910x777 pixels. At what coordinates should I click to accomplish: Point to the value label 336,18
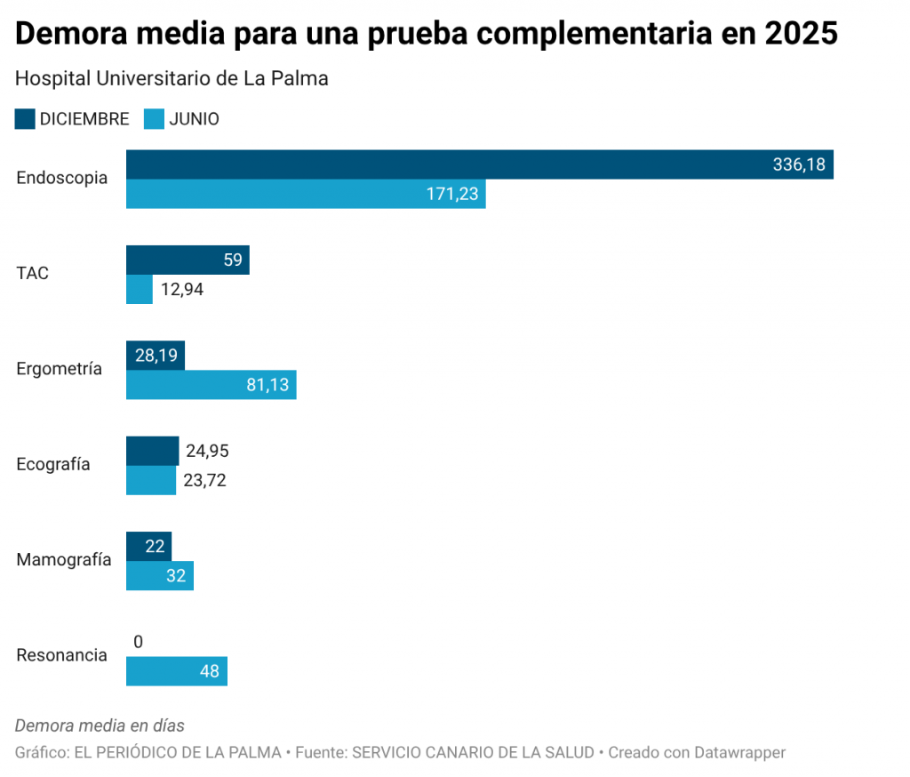pyautogui.click(x=799, y=164)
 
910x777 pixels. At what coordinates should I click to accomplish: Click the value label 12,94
pyautogui.click(x=182, y=289)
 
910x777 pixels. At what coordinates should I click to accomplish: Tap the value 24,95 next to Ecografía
pyautogui.click(x=208, y=451)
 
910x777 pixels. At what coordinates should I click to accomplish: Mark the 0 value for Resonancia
pyautogui.click(x=138, y=642)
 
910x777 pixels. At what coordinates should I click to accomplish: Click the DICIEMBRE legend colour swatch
pyautogui.click(x=25, y=118)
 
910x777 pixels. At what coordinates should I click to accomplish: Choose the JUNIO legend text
pyautogui.click(x=194, y=118)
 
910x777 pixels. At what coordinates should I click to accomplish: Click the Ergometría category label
pyautogui.click(x=60, y=369)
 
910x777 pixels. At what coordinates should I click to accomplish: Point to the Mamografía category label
pyautogui.click(x=64, y=559)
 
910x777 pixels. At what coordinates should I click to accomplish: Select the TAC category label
pyautogui.click(x=33, y=273)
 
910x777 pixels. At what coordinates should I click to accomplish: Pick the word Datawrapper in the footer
pyautogui.click(x=741, y=752)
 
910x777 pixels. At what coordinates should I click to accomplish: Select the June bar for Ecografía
pyautogui.click(x=151, y=480)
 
